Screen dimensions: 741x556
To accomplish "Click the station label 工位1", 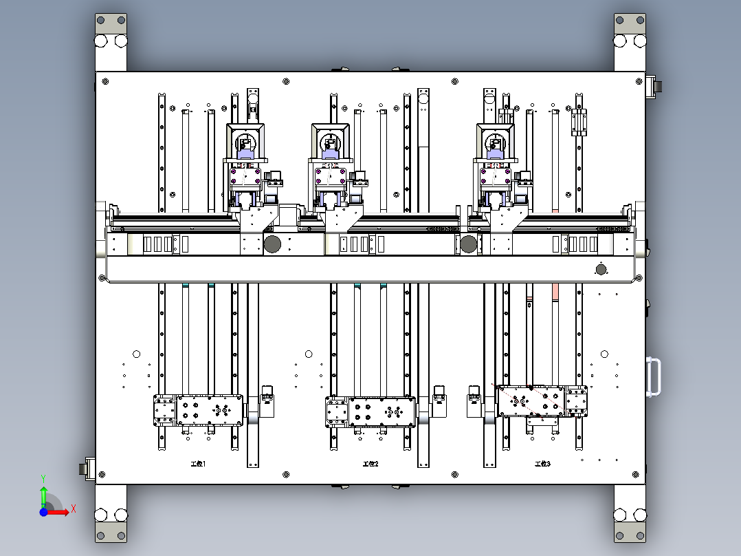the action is click(198, 464).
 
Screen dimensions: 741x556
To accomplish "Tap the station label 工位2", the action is click(370, 464).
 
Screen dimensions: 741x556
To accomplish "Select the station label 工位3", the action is click(542, 464).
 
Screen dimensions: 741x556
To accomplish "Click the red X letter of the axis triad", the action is click(74, 509).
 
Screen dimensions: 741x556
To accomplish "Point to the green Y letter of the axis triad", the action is click(43, 478).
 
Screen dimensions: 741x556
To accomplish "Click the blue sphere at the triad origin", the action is click(43, 513).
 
